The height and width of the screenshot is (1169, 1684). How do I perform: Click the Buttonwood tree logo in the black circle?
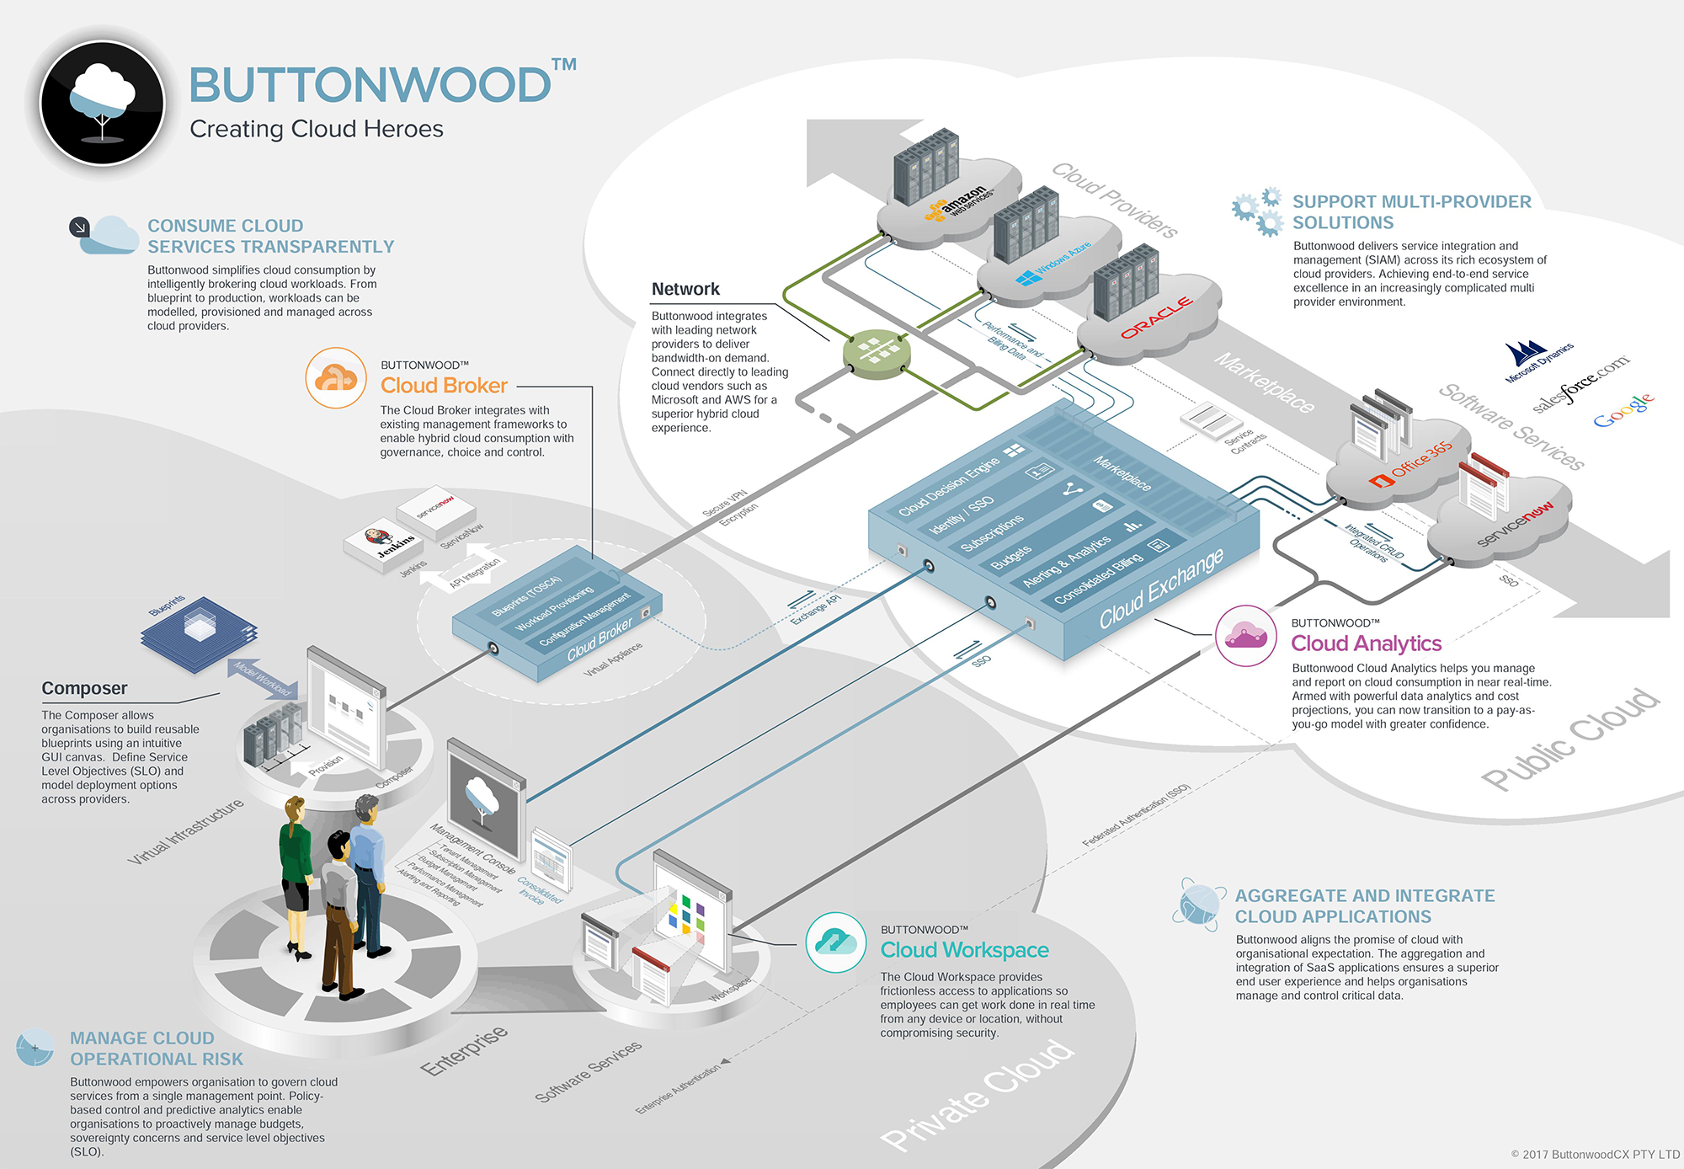click(102, 103)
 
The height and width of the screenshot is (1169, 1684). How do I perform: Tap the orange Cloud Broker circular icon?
click(336, 378)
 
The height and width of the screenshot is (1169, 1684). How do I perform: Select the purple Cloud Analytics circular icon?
click(1246, 636)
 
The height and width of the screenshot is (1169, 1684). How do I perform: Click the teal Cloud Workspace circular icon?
click(835, 942)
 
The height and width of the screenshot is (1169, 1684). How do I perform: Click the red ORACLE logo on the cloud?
click(1156, 318)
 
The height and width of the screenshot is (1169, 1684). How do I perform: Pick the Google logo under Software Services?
click(1624, 410)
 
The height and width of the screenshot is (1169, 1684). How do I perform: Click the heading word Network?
click(685, 289)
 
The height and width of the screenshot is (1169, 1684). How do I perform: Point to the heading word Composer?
click(84, 688)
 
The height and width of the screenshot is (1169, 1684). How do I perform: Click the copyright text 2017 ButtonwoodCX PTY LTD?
click(1595, 1154)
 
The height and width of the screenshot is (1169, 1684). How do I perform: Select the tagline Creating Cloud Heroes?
click(316, 129)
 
